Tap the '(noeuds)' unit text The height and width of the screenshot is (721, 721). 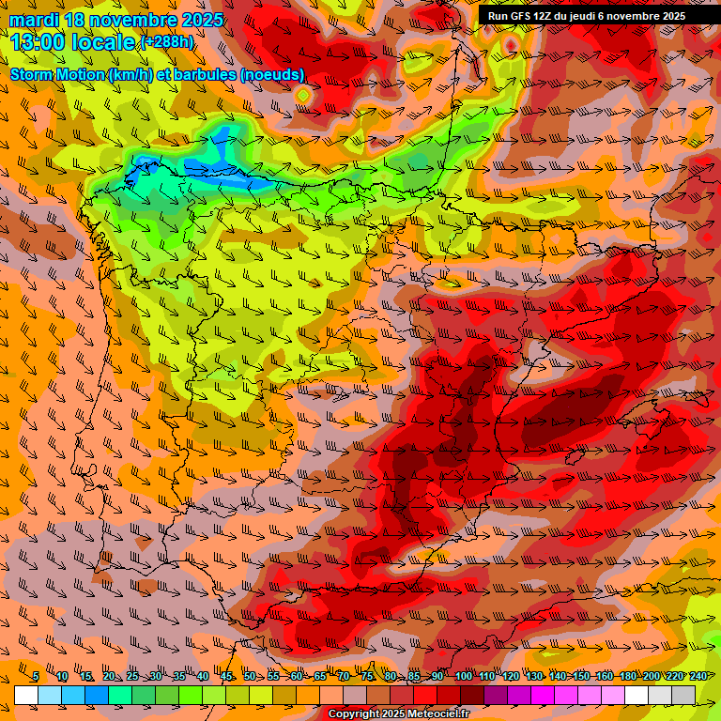tap(273, 74)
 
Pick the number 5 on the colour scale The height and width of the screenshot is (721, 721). tap(35, 676)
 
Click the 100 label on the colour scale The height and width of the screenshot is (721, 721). tap(464, 676)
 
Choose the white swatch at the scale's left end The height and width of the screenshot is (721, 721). tap(26, 695)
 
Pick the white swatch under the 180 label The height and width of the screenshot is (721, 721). tap(637, 695)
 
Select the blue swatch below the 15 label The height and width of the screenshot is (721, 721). tap(97, 695)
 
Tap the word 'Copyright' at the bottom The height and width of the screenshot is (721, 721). tap(355, 714)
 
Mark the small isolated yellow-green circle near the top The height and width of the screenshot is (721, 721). tap(303, 95)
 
